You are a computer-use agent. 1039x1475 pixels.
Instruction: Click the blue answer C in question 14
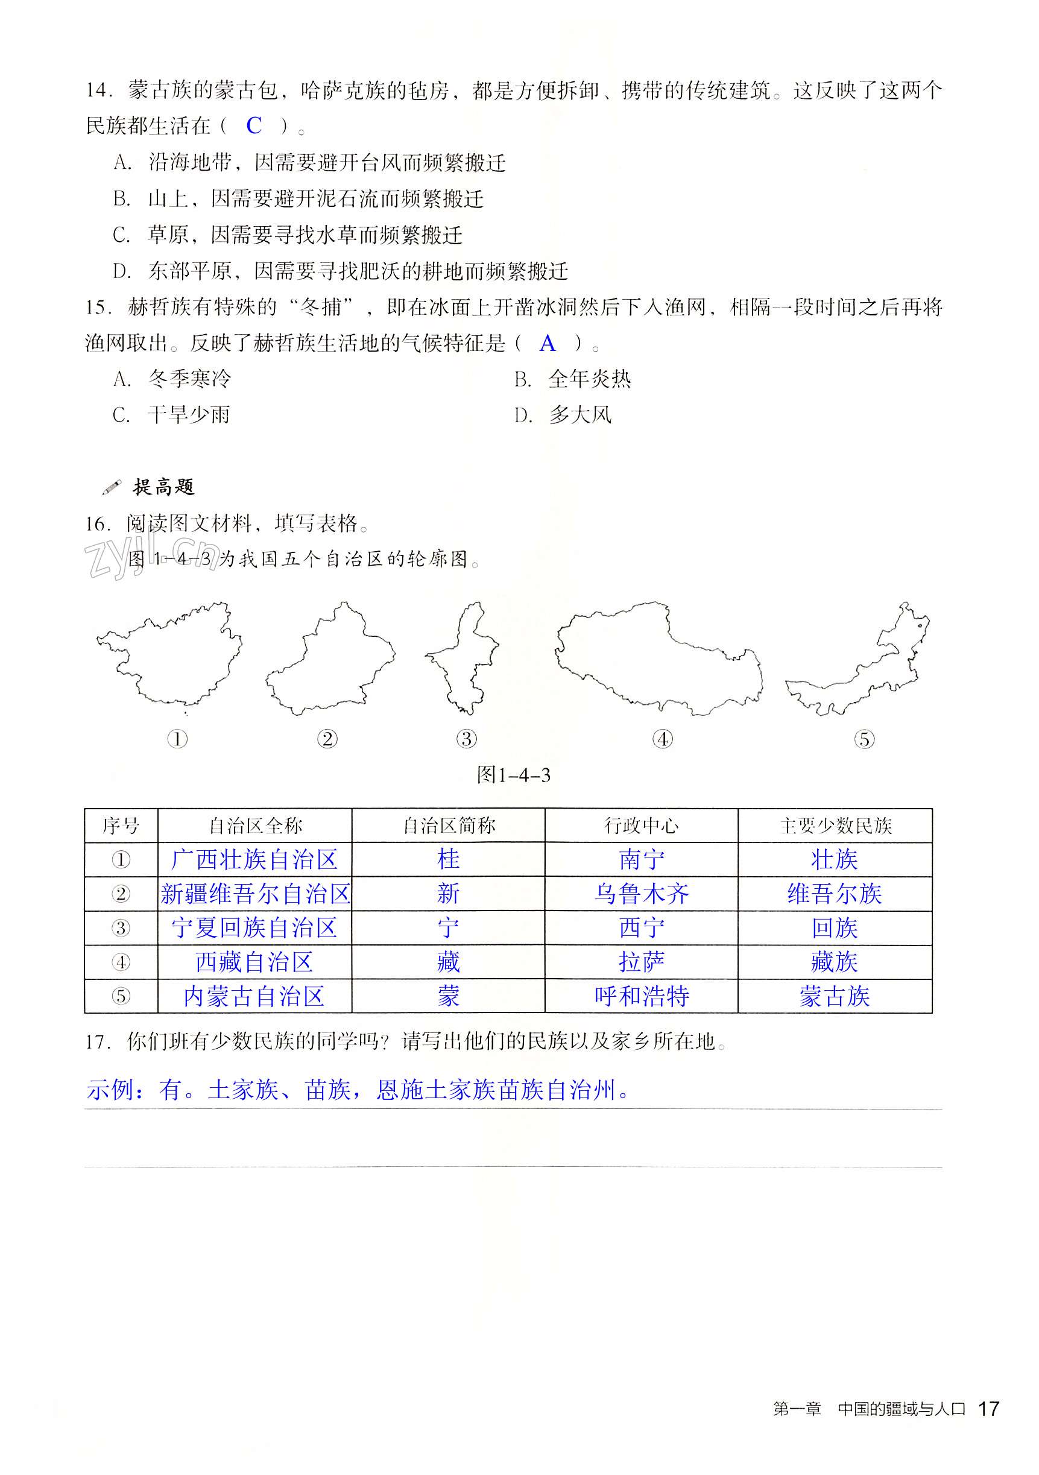[x=254, y=125]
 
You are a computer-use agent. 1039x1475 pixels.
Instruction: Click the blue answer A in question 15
[x=547, y=344]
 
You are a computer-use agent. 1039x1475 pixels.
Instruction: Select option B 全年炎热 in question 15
[x=572, y=379]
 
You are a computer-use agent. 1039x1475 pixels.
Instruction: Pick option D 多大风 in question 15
[x=563, y=415]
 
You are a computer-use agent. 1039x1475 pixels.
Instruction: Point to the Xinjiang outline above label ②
[x=329, y=662]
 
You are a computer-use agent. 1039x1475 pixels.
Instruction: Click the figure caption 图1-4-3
[x=513, y=775]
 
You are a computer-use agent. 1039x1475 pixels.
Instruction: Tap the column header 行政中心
[x=640, y=826]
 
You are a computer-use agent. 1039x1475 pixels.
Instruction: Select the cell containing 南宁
[x=640, y=859]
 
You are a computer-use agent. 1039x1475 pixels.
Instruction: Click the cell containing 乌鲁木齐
[x=640, y=894]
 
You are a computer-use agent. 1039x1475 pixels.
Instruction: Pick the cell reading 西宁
[x=640, y=927]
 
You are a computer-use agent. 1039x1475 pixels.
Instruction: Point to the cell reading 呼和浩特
[x=640, y=996]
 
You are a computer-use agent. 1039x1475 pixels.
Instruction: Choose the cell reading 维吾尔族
[x=834, y=894]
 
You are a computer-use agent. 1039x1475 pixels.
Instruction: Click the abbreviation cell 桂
[x=448, y=859]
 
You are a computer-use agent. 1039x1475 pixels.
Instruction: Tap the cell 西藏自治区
[x=254, y=962]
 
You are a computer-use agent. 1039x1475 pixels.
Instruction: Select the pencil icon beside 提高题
[x=111, y=488]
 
